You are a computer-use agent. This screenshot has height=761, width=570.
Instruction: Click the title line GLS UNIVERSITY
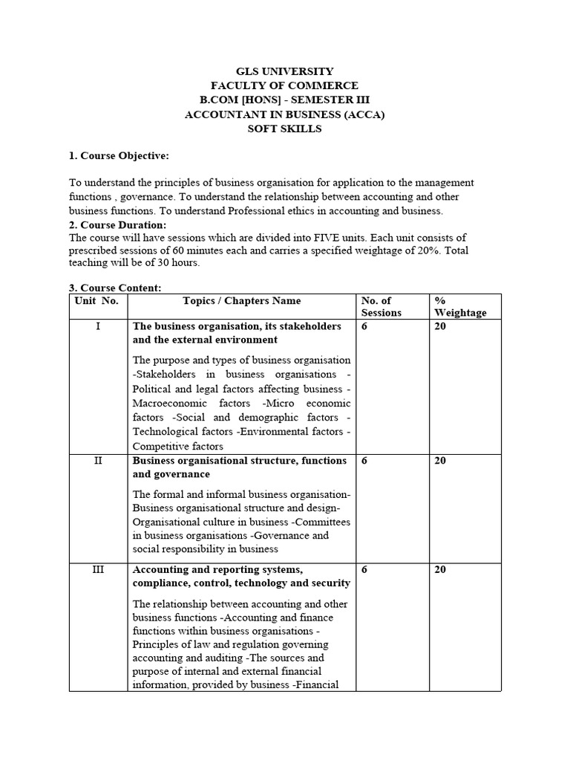coord(285,72)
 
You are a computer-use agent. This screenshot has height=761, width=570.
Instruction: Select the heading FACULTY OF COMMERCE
coord(285,86)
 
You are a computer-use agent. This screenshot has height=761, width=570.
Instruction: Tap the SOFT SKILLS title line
coord(285,129)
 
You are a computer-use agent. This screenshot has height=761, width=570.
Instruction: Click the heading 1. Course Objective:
coord(119,155)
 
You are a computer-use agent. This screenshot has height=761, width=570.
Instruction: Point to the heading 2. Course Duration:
coord(118,224)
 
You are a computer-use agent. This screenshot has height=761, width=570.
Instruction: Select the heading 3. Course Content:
coord(115,288)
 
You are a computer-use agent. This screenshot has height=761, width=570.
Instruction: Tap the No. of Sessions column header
coord(381,307)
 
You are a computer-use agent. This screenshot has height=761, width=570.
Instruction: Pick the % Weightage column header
coord(460,307)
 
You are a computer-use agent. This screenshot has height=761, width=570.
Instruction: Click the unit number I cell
coord(98,326)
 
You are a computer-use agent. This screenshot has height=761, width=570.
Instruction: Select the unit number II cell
coord(98,461)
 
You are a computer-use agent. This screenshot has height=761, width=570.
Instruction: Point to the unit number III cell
coord(98,570)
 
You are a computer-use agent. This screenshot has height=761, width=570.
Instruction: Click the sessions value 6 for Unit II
coord(364,461)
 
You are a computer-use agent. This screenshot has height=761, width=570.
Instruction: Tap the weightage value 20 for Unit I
coord(440,326)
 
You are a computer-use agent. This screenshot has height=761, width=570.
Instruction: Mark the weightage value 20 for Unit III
coord(440,570)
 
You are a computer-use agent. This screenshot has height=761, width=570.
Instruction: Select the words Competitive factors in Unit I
coord(177,447)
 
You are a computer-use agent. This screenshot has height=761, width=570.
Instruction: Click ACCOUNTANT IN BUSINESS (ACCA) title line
coord(285,114)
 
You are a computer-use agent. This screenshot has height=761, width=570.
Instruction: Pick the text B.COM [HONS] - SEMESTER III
coord(285,100)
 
